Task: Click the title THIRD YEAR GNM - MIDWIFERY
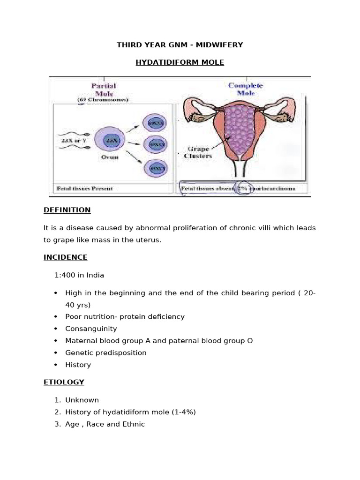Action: (180, 45)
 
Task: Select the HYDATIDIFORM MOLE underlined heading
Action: (180, 62)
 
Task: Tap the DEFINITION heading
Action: (67, 210)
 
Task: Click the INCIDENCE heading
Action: (66, 257)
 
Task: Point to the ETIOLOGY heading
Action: (64, 382)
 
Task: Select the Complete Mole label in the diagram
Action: (245, 89)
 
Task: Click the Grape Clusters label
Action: (198, 153)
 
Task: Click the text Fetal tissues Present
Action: (85, 188)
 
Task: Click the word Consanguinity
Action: (91, 329)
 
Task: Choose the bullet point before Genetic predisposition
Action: (56, 353)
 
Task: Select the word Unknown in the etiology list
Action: (82, 400)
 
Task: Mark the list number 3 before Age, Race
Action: (57, 424)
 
